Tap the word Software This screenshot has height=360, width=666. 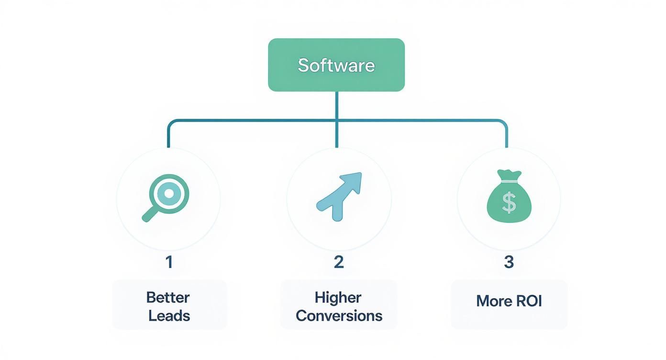[336, 65]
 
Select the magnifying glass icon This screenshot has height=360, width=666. [166, 197]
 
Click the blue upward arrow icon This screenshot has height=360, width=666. [339, 196]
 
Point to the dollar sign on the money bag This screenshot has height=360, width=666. [509, 202]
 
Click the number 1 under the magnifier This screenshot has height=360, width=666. [168, 262]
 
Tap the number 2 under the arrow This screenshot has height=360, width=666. [339, 262]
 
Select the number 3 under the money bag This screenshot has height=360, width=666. [509, 262]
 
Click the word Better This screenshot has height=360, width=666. [168, 297]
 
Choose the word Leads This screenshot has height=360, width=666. [169, 316]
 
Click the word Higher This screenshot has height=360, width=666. [338, 297]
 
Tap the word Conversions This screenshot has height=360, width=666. [339, 316]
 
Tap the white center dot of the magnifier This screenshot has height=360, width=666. [168, 193]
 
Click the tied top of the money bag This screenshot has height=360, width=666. [508, 175]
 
